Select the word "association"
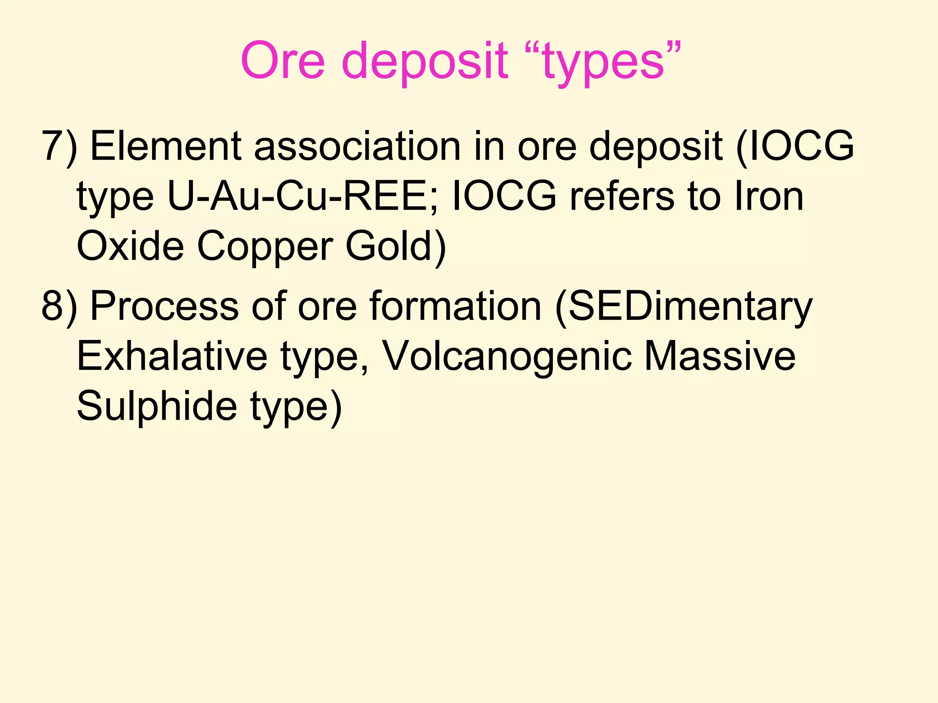pyautogui.click(x=357, y=146)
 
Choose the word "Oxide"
pyautogui.click(x=131, y=247)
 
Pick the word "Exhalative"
pyautogui.click(x=172, y=357)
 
